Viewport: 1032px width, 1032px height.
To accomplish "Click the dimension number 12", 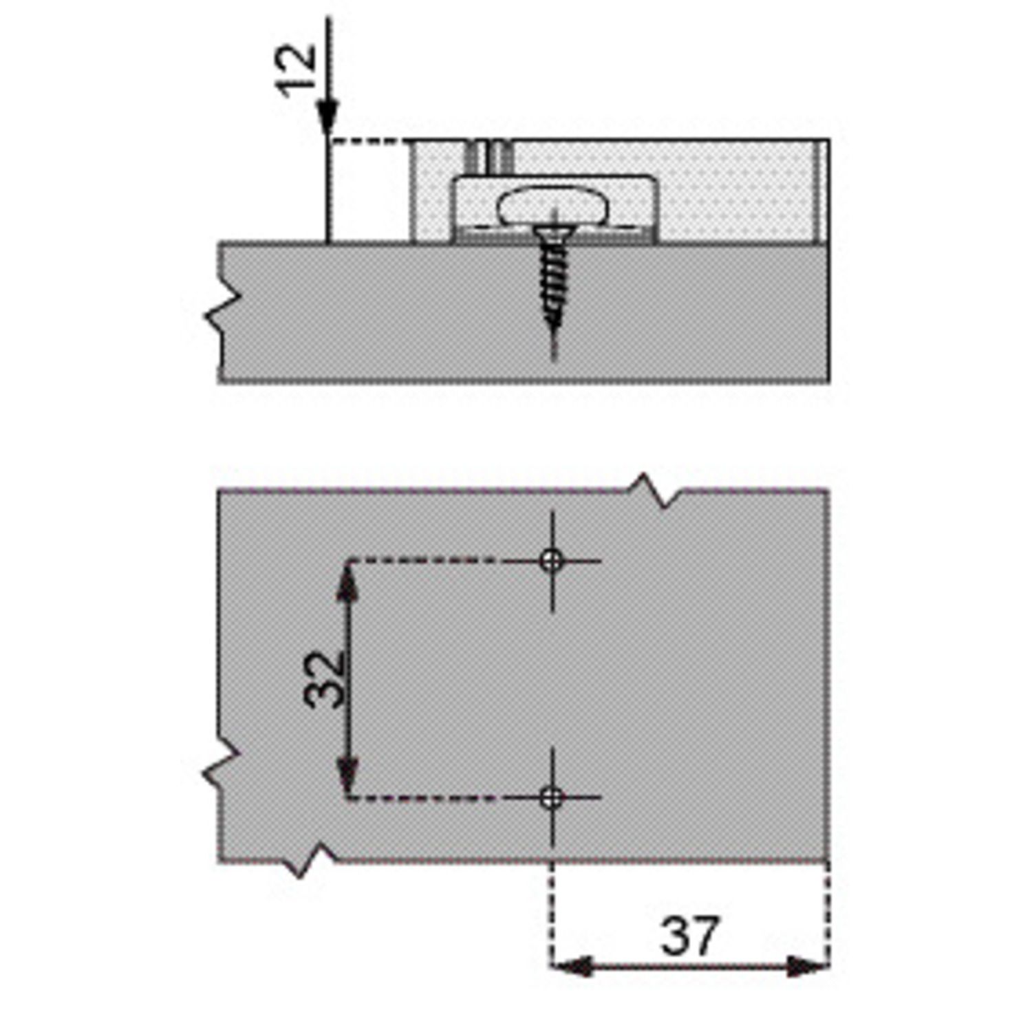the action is [297, 70].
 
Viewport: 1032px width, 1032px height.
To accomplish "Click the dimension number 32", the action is [324, 679].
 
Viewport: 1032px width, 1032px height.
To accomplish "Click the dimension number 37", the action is [689, 935].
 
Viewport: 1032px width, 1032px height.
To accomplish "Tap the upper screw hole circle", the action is [551, 561].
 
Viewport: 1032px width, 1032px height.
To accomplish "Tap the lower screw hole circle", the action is [551, 798].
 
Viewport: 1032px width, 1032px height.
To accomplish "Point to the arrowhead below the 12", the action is [328, 118].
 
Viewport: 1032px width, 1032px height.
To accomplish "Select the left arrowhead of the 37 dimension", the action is [572, 967].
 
